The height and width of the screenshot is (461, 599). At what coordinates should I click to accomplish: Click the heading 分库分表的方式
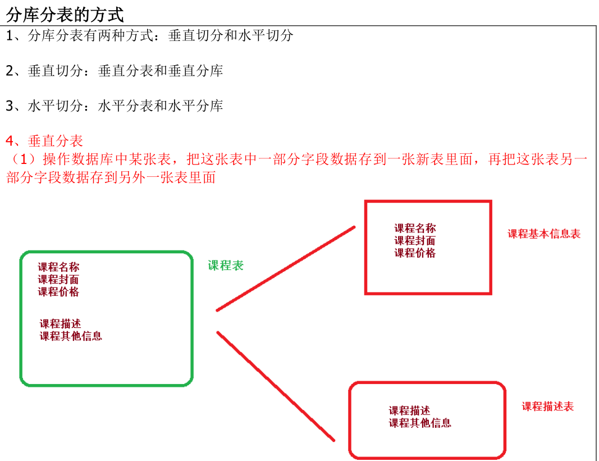click(65, 13)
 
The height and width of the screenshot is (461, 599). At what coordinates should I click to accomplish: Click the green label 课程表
click(226, 266)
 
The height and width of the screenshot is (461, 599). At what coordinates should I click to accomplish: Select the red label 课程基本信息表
click(544, 234)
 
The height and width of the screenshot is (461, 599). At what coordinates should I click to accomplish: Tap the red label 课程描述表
click(547, 407)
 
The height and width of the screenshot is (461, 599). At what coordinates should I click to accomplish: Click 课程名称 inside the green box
click(58, 267)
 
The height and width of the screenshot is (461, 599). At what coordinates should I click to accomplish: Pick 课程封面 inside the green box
click(58, 280)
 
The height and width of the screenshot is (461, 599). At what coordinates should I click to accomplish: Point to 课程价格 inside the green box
click(58, 292)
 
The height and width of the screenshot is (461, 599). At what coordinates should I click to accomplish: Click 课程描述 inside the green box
click(60, 324)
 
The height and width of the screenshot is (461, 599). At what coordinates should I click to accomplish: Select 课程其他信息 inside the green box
click(71, 336)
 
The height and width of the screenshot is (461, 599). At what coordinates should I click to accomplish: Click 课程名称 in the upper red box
click(415, 229)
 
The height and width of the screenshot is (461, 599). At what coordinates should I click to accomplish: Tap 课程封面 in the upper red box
click(415, 241)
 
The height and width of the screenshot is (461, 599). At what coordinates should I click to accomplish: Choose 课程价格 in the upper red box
click(415, 253)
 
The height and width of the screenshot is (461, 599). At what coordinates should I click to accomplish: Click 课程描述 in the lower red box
click(409, 411)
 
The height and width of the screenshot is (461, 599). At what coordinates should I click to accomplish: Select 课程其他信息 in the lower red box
click(420, 423)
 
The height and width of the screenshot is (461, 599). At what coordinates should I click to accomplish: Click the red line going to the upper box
click(286, 268)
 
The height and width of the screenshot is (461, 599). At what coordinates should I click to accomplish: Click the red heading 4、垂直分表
click(44, 140)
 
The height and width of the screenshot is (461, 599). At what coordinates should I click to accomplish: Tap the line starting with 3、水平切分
click(115, 106)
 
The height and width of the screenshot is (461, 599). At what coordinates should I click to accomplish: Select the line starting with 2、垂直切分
click(115, 71)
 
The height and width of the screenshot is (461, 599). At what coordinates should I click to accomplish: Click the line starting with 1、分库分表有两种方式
click(150, 35)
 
